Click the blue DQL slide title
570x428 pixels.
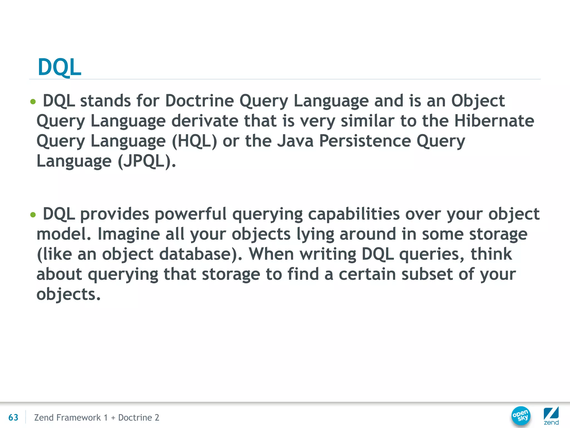(x=59, y=67)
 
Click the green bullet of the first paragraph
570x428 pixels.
(x=33, y=102)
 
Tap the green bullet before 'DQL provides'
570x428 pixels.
(x=33, y=215)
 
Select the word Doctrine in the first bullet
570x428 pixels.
(x=199, y=101)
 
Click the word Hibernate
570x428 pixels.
(x=494, y=121)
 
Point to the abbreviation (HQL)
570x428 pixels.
(x=194, y=141)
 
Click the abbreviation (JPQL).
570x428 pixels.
(x=147, y=161)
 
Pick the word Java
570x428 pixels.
(x=295, y=141)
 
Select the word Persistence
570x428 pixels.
(x=365, y=141)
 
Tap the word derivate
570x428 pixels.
(x=205, y=121)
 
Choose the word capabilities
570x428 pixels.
(x=354, y=214)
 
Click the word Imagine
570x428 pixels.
(x=129, y=234)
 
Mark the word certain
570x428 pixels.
(x=367, y=274)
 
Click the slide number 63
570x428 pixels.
(x=13, y=417)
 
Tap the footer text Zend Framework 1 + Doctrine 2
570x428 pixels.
(x=97, y=417)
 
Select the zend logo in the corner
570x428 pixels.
(x=551, y=416)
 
